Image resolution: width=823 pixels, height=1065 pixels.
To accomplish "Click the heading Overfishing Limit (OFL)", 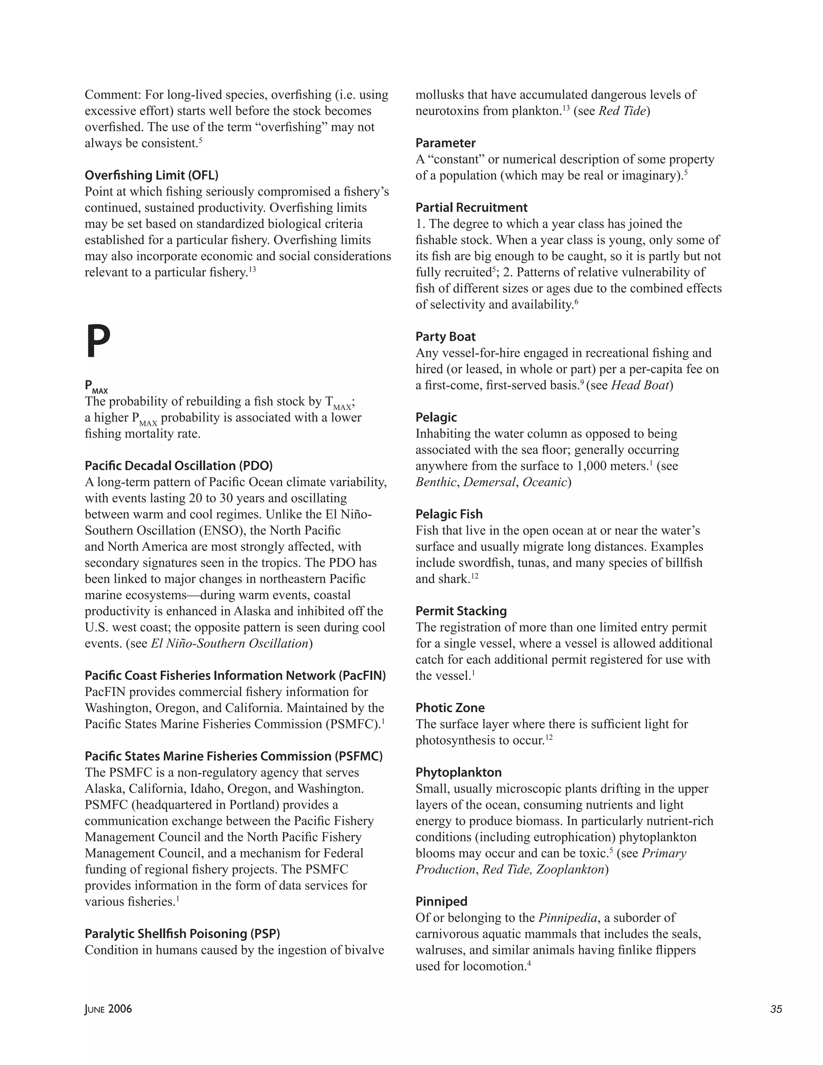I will click(x=151, y=175).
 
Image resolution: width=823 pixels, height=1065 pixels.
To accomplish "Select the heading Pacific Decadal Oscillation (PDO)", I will click(x=178, y=466).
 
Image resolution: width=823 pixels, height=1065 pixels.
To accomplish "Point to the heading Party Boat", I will click(x=445, y=337).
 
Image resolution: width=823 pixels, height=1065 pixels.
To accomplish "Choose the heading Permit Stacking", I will click(x=461, y=611).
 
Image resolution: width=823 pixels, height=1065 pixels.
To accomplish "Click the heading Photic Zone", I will click(x=450, y=708).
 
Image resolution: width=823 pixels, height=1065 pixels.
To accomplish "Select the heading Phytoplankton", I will click(x=458, y=772).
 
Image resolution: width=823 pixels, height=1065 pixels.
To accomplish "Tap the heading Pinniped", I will click(x=441, y=901).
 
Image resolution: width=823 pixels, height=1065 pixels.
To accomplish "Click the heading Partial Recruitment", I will click(x=471, y=208).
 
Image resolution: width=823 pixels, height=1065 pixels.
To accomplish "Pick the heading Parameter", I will click(x=445, y=143).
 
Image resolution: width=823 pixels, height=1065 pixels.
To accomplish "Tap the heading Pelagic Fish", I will click(x=448, y=514).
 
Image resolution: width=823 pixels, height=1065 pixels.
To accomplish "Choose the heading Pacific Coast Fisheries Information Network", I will click(x=235, y=676).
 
